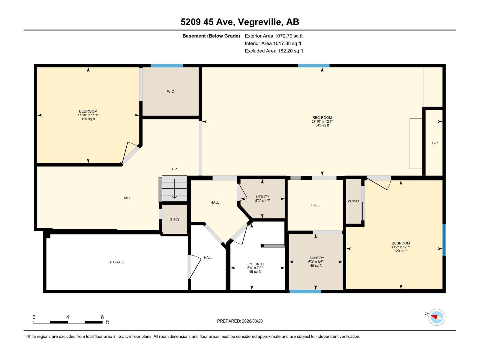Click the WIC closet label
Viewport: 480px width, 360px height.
[x=170, y=91]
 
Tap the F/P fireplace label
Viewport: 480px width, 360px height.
[x=435, y=143]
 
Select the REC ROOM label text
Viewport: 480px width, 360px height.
[x=322, y=118]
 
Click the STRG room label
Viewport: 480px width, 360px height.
[x=174, y=219]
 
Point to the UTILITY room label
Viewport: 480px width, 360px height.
[x=262, y=197]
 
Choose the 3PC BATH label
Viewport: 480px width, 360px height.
[x=255, y=264]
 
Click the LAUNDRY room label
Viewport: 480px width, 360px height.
[x=316, y=258]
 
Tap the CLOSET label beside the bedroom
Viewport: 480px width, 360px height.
[x=354, y=201]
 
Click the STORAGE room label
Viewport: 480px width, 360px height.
[x=117, y=262]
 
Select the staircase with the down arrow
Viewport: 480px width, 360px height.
[x=174, y=189]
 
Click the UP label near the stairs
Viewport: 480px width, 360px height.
[x=174, y=169]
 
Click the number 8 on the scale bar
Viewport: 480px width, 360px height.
[x=102, y=317]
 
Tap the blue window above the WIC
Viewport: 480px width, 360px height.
[x=167, y=66]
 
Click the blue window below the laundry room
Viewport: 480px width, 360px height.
[x=305, y=291]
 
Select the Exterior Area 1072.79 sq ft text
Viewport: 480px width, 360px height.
[x=274, y=36]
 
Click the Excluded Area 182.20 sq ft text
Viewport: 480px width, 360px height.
[x=274, y=51]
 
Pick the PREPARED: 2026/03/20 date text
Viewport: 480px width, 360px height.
[x=240, y=321]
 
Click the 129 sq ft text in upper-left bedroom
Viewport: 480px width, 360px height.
[x=88, y=119]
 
